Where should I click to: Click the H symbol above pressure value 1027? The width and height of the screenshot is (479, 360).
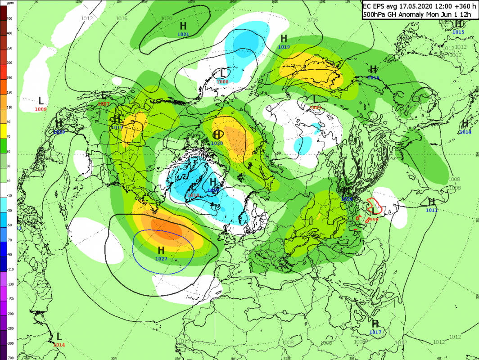tap(161, 250)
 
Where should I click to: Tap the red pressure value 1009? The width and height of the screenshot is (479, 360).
tap(41, 109)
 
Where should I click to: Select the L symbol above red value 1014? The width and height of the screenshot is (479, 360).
tap(59, 337)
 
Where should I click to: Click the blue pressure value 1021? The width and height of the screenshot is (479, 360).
tap(183, 34)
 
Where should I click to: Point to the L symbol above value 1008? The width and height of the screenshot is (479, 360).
tap(222, 73)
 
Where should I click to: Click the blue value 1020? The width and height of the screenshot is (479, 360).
tap(217, 143)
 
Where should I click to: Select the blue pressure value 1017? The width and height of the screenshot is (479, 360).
tap(375, 332)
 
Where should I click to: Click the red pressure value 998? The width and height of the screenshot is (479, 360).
tap(373, 219)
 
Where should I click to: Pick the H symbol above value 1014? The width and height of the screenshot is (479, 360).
tap(465, 124)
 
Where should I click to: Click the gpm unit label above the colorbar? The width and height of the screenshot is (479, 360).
tap(9, 3)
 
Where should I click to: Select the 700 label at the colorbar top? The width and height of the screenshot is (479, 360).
tap(9, 19)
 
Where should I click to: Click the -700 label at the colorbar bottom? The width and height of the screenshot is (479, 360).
tap(9, 357)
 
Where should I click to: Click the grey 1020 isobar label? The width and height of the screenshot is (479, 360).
tap(166, 18)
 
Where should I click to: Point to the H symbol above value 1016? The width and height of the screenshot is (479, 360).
tap(373, 69)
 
